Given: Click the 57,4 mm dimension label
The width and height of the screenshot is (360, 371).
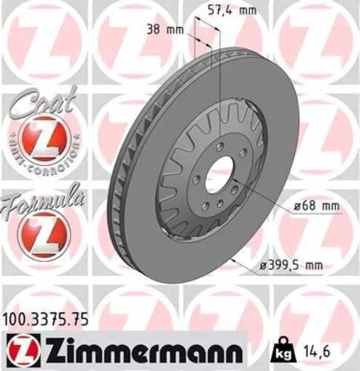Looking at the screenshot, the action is [232, 10].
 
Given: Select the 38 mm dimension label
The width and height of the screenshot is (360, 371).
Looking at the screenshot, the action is [166, 30].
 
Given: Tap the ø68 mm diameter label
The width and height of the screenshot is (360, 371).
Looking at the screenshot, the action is [316, 206].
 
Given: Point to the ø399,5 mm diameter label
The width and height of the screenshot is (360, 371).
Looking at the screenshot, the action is [291, 266].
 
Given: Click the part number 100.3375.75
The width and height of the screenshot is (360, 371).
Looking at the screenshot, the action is [46, 320].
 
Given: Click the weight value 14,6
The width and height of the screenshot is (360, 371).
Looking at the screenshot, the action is [317, 352].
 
